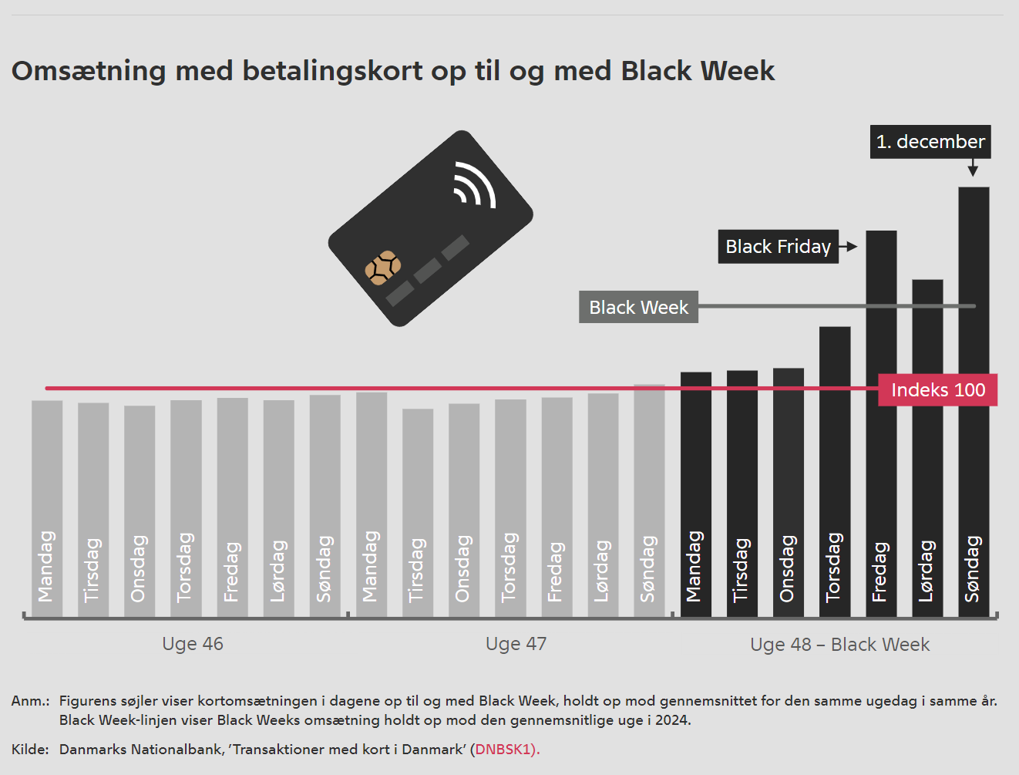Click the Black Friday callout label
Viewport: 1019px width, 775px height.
coord(779,247)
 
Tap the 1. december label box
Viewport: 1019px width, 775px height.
coord(930,142)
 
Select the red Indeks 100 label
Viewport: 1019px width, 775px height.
coord(938,390)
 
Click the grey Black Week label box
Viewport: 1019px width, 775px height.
coord(638,307)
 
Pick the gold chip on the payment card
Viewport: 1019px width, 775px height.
coord(383,268)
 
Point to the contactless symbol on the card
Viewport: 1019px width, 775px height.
coord(474,185)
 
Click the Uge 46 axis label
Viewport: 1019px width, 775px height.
coord(193,644)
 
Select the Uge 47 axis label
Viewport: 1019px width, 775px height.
coord(516,644)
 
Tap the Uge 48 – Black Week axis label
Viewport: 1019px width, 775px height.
coord(839,645)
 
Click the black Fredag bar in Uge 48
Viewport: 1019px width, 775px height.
coord(881,424)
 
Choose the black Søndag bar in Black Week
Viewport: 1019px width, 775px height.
coord(974,401)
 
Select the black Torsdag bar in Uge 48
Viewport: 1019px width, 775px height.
coord(835,470)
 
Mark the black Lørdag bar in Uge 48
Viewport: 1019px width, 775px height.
coord(927,447)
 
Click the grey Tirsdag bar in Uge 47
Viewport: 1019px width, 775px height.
coord(418,513)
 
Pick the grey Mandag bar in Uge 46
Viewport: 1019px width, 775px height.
coord(47,509)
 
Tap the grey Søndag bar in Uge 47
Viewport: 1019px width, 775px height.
coord(649,501)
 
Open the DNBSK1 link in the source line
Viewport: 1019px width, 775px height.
coord(505,749)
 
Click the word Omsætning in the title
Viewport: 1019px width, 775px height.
coord(89,71)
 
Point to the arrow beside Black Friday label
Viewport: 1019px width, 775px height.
coord(849,247)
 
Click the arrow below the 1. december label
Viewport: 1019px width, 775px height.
coord(973,168)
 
